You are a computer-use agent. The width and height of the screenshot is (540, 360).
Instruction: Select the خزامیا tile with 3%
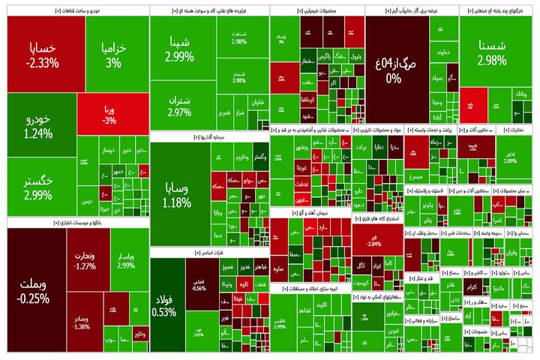click(x=115, y=54)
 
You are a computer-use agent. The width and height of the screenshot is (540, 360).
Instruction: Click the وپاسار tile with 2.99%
click(x=126, y=258)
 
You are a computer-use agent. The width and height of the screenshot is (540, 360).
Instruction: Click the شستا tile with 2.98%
click(x=491, y=54)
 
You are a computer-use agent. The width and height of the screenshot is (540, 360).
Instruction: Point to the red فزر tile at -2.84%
click(x=373, y=241)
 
